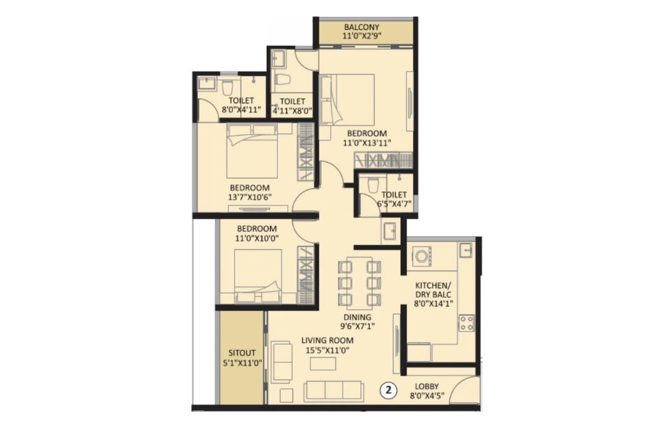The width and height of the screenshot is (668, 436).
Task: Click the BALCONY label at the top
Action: click(362, 27)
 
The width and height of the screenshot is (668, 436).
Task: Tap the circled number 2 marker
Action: click(389, 389)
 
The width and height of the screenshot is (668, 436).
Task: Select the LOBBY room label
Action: click(427, 386)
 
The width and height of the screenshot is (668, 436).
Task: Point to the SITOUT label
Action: click(242, 353)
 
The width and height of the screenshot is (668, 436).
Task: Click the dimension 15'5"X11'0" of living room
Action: click(327, 350)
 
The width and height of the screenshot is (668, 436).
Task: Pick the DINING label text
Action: click(357, 317)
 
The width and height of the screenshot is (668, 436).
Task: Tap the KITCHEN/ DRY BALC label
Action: click(433, 290)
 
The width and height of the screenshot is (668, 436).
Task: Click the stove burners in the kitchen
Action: click(466, 323)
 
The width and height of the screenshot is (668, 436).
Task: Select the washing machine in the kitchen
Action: click(422, 257)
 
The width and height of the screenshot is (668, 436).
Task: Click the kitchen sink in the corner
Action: click(466, 250)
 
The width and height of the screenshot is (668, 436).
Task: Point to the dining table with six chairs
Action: click(359, 283)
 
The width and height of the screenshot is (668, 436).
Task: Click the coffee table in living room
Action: click(323, 364)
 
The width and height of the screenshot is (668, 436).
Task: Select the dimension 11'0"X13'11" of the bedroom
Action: click(366, 143)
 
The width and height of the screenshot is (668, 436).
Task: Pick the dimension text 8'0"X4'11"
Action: click(241, 110)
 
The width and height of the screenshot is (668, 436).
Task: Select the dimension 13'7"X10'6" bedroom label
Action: click(250, 197)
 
